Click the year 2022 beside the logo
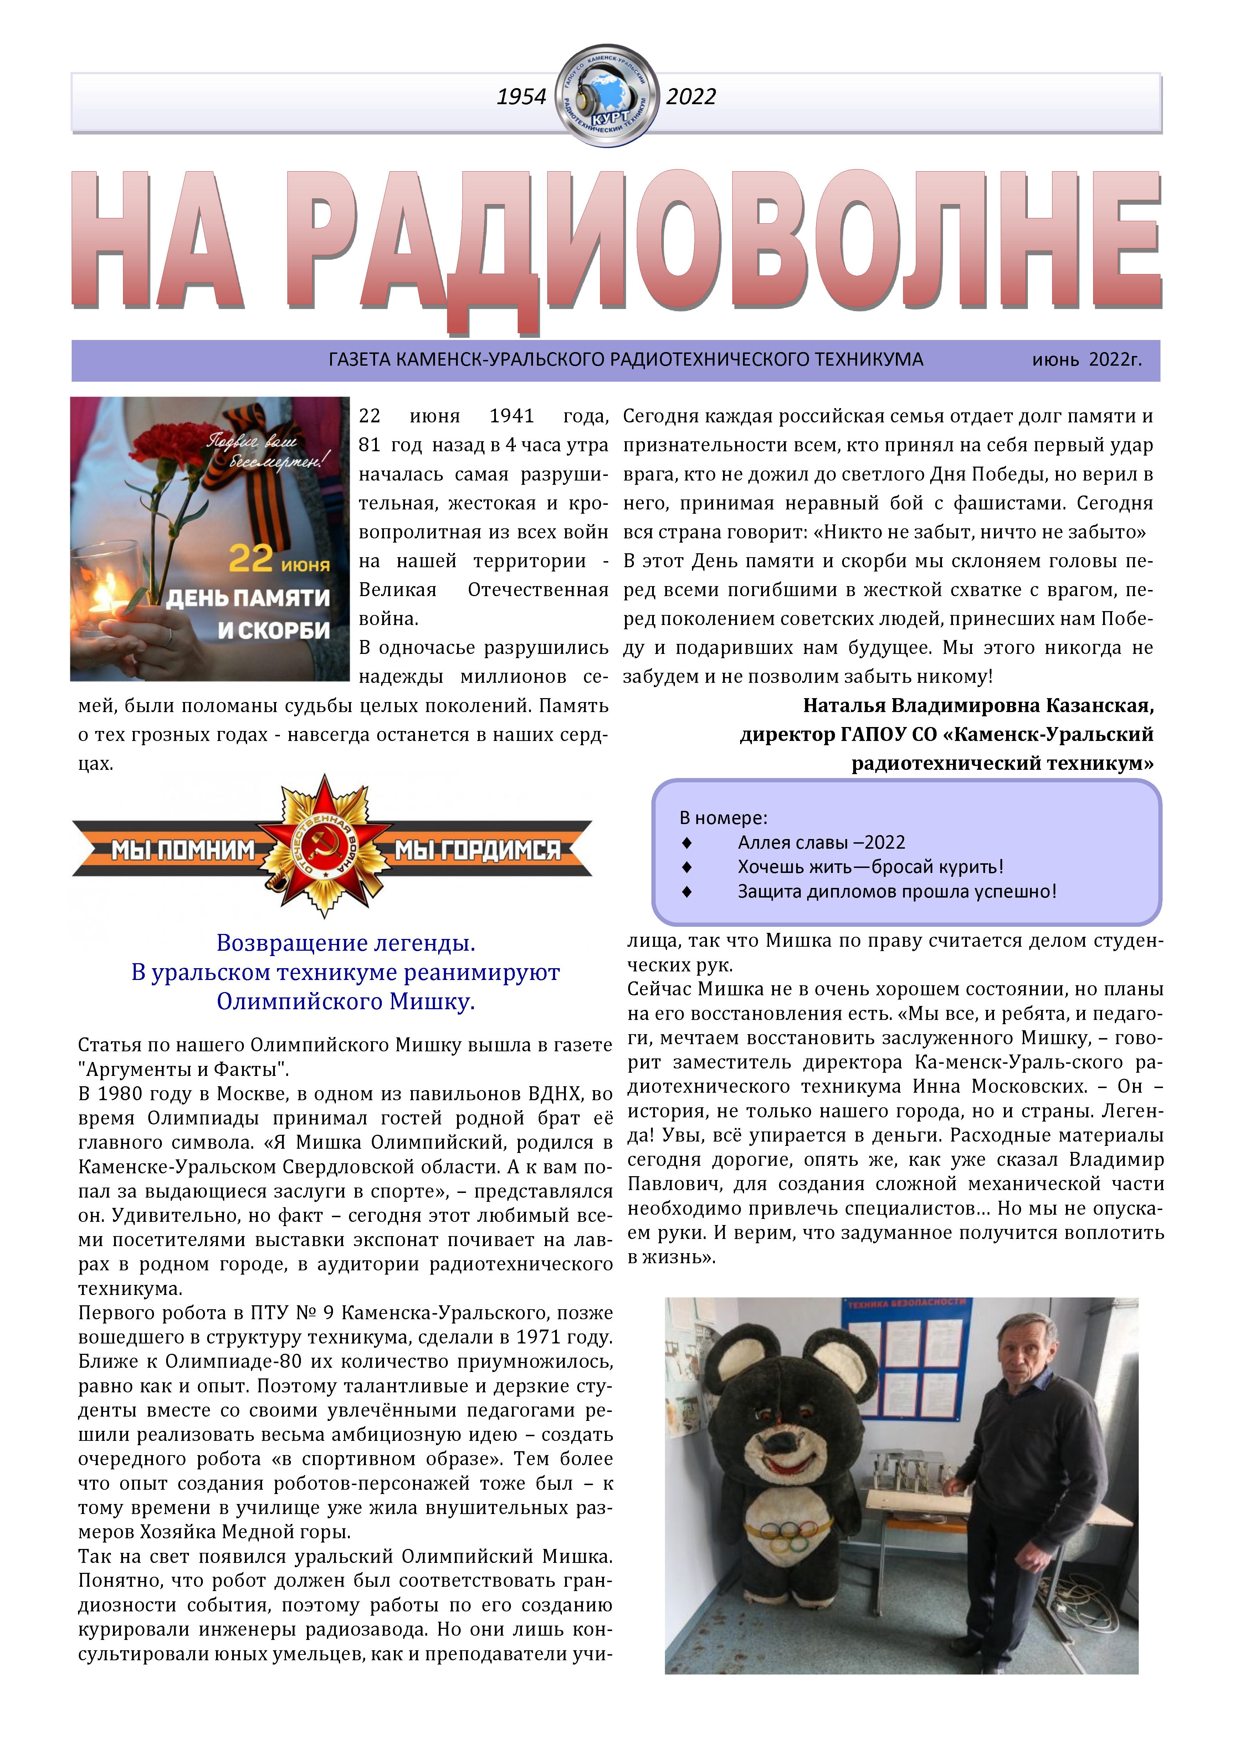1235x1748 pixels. point(691,97)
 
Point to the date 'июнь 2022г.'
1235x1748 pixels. point(1087,359)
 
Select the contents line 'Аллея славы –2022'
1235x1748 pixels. point(821,842)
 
